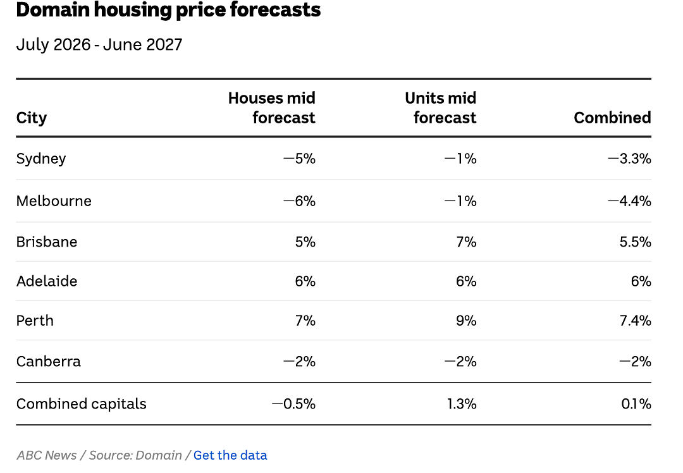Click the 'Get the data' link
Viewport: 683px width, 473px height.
pos(230,455)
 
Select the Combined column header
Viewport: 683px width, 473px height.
pos(612,118)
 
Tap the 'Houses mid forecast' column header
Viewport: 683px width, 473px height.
pos(272,108)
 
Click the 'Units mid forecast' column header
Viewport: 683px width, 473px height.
pos(440,108)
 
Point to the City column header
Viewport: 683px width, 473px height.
pos(32,118)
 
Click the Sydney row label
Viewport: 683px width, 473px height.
pos(41,159)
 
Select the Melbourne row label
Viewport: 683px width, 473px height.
pos(54,201)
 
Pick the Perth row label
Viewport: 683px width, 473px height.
pos(35,321)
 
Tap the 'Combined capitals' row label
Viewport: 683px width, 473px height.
pos(82,404)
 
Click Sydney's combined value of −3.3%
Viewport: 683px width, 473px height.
pos(629,159)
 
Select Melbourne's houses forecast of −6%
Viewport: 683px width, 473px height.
pos(299,201)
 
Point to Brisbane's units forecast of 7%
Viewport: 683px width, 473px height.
pos(466,242)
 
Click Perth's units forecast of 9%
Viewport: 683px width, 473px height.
pos(466,321)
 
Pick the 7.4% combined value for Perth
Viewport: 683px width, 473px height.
pos(636,321)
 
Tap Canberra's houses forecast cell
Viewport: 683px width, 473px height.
pos(299,362)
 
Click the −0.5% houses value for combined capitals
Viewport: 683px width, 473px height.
pos(293,403)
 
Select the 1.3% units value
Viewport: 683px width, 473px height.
pos(462,403)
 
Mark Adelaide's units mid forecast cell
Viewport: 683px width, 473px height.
pos(466,281)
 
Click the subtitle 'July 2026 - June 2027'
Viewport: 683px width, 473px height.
pos(99,44)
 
